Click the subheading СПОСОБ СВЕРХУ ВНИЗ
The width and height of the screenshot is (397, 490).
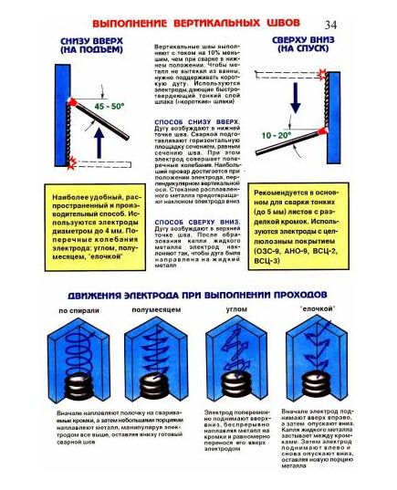190,221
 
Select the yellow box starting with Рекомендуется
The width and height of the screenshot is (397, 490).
305,224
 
